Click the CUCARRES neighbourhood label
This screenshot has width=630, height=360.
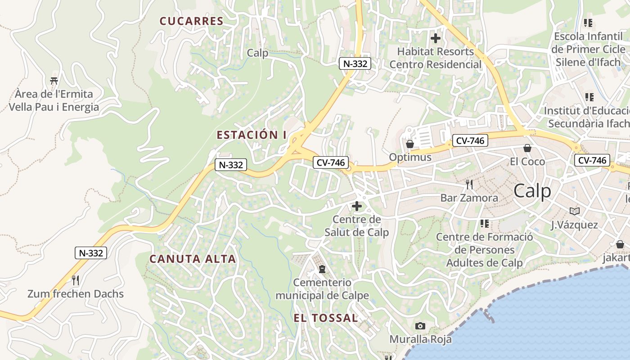(x=191, y=21)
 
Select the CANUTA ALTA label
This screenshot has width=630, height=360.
(x=193, y=259)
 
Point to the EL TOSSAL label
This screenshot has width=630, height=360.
(x=326, y=318)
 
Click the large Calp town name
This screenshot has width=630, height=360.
(x=532, y=191)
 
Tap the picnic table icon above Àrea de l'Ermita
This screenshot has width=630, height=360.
(x=54, y=81)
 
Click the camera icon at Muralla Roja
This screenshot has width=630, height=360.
(x=420, y=326)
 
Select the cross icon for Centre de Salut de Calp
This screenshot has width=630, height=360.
(x=357, y=207)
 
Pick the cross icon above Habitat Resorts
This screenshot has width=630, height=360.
(x=435, y=38)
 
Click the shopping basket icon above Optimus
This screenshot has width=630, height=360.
(x=410, y=144)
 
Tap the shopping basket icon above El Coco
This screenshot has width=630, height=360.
(x=527, y=148)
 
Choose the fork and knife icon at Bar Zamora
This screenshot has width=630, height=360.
(x=469, y=184)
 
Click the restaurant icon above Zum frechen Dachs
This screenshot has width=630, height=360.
(x=76, y=280)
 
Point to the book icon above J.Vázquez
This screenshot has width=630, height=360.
(x=575, y=211)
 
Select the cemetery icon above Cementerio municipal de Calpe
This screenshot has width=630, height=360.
(x=322, y=269)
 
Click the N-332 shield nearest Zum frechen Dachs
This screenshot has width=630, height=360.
(x=91, y=253)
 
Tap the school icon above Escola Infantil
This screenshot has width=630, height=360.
(x=588, y=22)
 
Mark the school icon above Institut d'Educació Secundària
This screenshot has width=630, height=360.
(x=589, y=97)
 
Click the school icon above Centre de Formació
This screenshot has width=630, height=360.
(x=484, y=223)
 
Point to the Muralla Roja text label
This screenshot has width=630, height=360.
(x=420, y=339)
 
